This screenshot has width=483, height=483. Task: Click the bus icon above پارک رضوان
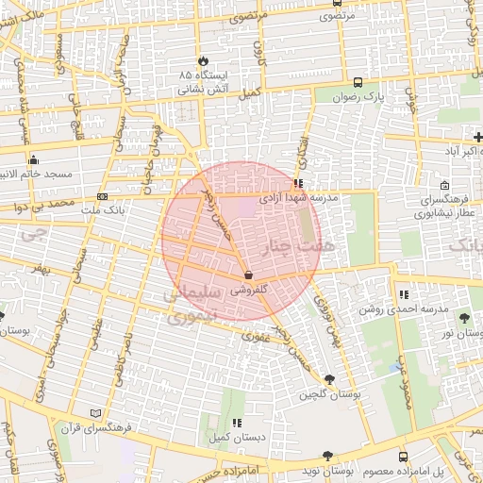click(358, 82)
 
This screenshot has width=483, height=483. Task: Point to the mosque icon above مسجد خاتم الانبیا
click(34, 159)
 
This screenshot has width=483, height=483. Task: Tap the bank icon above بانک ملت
click(102, 196)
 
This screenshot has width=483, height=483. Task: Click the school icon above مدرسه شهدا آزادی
click(299, 184)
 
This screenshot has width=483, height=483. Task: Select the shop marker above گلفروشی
click(247, 275)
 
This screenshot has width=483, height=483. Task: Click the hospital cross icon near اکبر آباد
click(478, 138)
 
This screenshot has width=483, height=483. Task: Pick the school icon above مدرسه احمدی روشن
click(404, 295)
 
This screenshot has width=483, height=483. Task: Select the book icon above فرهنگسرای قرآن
click(93, 413)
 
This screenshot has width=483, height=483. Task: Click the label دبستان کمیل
click(237, 438)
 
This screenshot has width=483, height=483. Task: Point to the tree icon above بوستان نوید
click(326, 455)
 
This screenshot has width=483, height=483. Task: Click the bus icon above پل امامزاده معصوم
click(404, 455)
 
